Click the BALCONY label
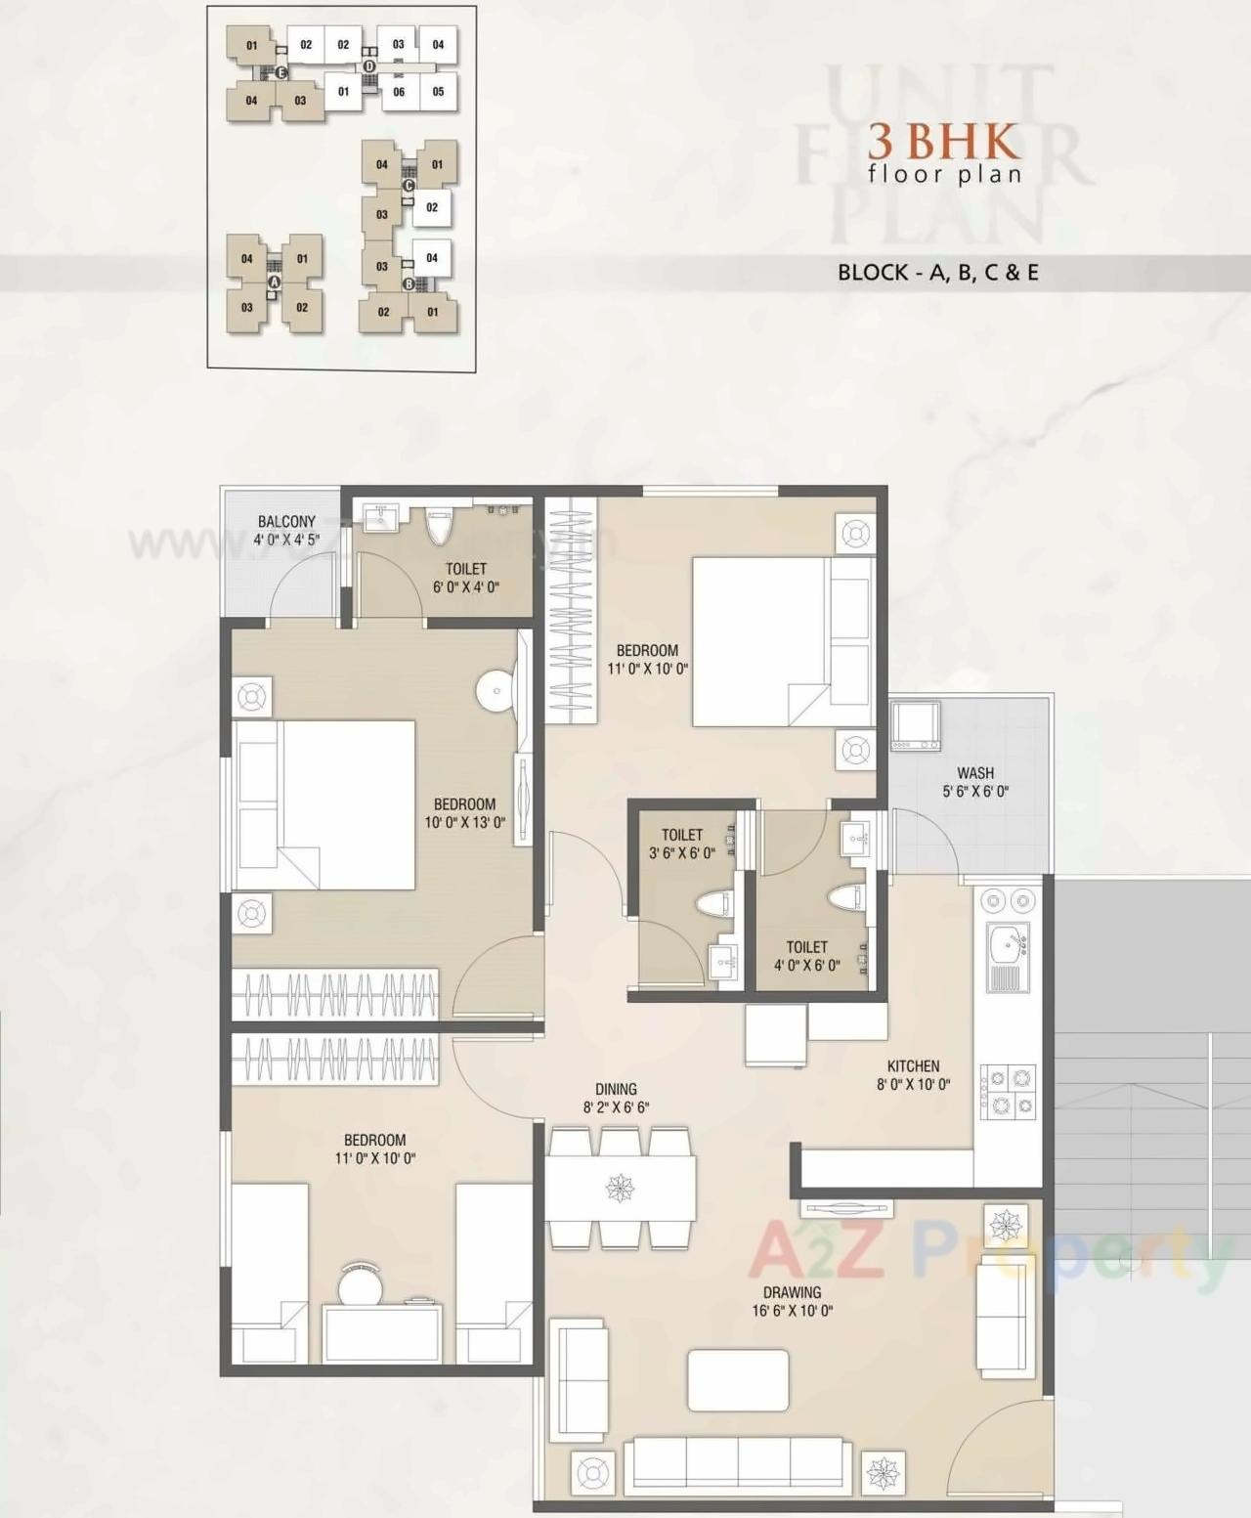(286, 521)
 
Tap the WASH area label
(975, 773)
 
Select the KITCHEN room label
(913, 1066)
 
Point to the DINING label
(616, 1089)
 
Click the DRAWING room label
(792, 1292)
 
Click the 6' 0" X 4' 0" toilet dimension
(466, 587)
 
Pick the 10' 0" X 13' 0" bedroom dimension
(464, 823)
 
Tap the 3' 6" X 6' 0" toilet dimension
(681, 853)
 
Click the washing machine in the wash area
(915, 726)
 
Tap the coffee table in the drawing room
(738, 1380)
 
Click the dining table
(620, 1188)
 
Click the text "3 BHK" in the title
(944, 144)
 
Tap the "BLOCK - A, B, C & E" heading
(937, 273)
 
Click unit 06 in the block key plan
(399, 92)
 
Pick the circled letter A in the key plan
(275, 282)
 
